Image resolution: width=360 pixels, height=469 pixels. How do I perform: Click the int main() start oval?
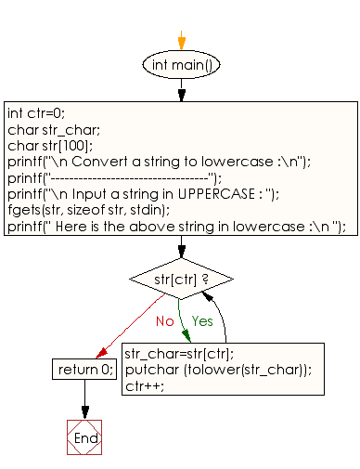click(181, 65)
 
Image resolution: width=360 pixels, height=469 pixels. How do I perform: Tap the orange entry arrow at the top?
click(182, 40)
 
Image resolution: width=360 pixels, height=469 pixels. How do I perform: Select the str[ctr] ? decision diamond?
click(181, 279)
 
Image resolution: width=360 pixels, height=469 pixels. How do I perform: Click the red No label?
click(165, 321)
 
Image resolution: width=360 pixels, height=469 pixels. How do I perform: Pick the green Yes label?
click(202, 321)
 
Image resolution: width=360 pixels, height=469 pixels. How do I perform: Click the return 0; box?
click(84, 369)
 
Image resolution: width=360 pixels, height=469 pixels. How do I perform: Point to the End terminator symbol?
click(84, 437)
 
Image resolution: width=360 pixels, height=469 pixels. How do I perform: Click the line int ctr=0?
click(36, 113)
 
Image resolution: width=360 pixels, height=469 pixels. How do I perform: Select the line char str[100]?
click(50, 146)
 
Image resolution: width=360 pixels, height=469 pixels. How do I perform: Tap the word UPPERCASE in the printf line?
click(216, 194)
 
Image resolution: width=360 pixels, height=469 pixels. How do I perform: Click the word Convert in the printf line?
click(99, 162)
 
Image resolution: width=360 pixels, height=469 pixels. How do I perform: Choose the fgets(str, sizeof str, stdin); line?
click(89, 210)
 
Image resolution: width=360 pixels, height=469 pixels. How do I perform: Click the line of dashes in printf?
click(129, 178)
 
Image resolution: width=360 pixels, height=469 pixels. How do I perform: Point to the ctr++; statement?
click(145, 386)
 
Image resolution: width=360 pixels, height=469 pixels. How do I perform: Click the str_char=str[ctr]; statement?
click(179, 354)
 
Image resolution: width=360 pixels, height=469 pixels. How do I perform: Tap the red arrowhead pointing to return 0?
click(101, 353)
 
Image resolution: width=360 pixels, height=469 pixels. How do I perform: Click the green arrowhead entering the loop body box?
click(186, 336)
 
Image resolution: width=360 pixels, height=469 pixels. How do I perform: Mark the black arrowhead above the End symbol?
click(85, 413)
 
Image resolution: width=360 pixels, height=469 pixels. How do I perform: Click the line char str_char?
click(54, 130)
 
